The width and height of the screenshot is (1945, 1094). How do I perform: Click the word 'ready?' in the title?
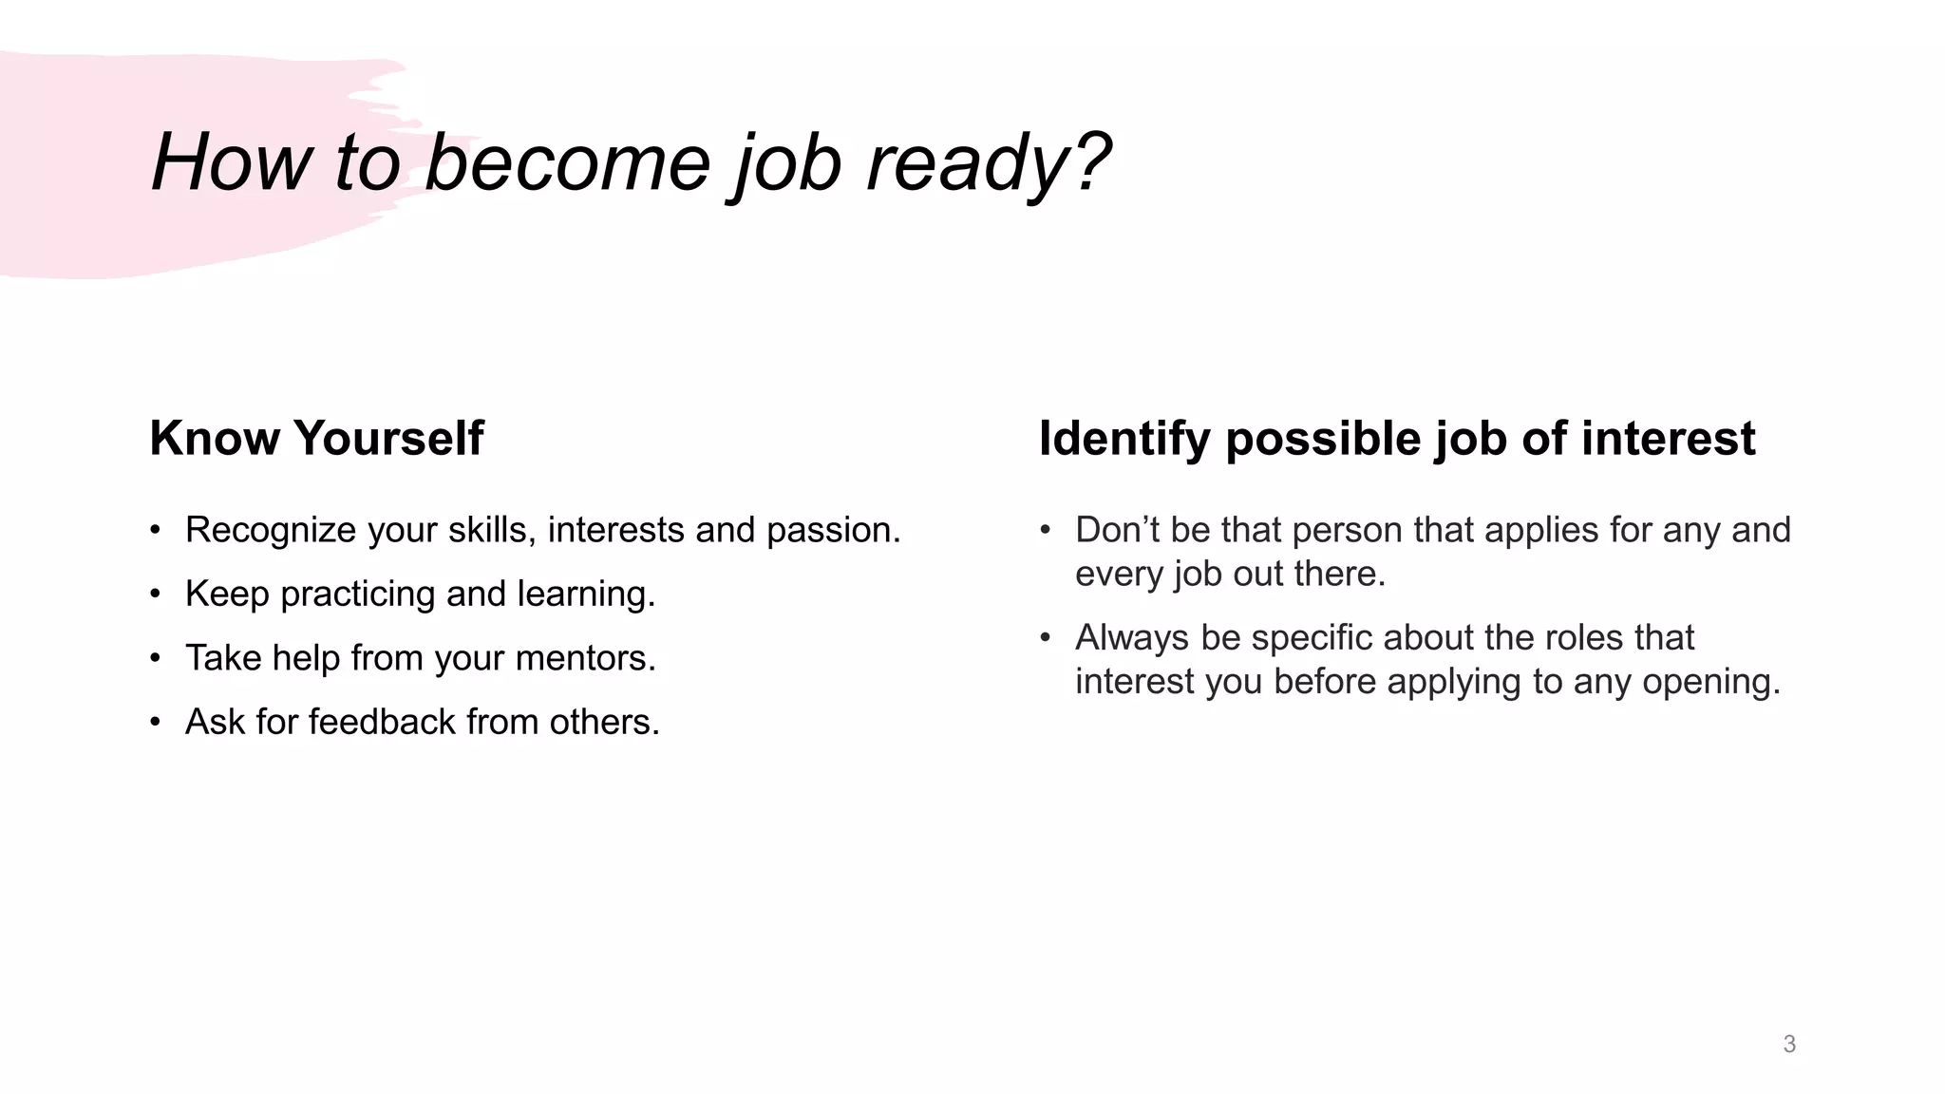click(x=988, y=163)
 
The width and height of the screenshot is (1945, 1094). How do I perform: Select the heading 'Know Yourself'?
click(x=316, y=439)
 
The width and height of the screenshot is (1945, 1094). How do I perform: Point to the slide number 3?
click(x=1789, y=1045)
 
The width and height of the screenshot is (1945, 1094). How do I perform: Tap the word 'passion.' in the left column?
click(x=833, y=530)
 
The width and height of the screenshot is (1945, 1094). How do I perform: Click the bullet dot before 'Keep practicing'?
click(x=155, y=594)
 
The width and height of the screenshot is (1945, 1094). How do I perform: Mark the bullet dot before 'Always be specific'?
click(x=1045, y=637)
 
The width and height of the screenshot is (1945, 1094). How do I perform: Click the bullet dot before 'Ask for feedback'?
click(x=155, y=723)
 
